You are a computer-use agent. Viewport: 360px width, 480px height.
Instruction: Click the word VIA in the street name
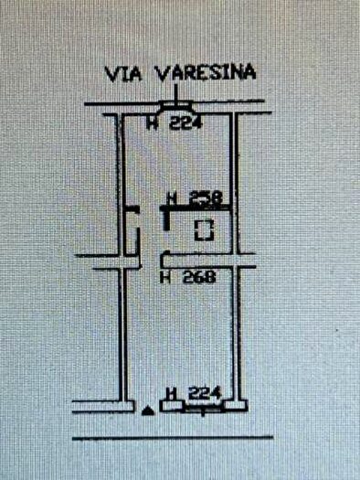[119, 72]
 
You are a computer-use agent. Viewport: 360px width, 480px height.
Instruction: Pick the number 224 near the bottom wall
[205, 392]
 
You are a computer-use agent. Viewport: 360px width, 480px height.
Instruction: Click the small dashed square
[206, 229]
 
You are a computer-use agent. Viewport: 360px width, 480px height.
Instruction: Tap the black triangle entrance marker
[148, 409]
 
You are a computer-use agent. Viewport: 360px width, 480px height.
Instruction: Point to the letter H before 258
[172, 197]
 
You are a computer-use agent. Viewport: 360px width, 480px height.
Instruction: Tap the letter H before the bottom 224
[170, 392]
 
